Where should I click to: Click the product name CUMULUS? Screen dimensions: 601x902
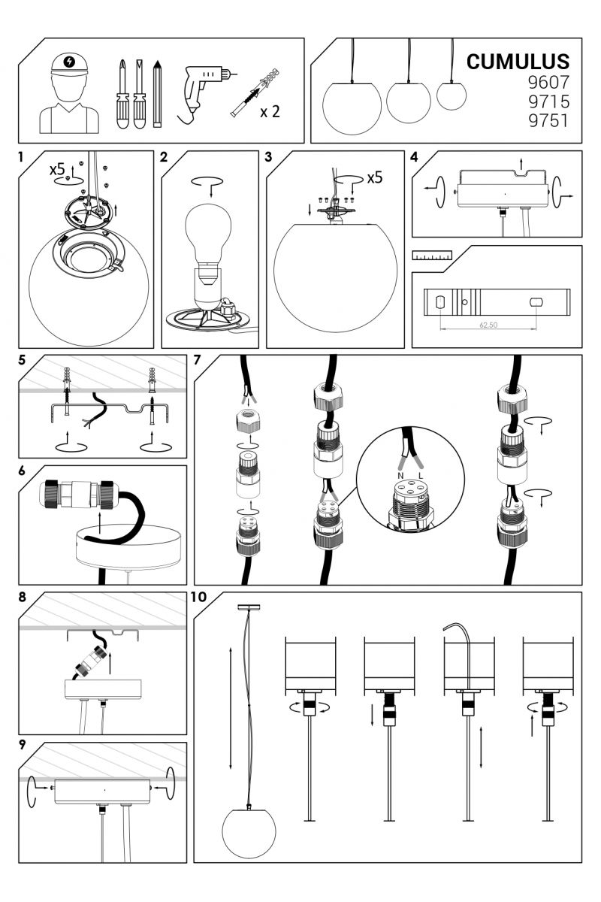tap(518, 62)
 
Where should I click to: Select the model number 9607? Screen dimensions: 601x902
tap(548, 82)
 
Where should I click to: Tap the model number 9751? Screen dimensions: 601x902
tap(548, 120)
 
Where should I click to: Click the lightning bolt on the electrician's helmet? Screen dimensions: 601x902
tap(69, 62)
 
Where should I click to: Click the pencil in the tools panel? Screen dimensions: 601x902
tap(157, 93)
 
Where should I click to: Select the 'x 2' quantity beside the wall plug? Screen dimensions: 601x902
tap(270, 111)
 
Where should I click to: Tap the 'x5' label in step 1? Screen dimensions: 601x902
tap(57, 170)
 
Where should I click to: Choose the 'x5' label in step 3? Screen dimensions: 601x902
tap(374, 177)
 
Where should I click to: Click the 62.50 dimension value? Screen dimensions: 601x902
tap(488, 325)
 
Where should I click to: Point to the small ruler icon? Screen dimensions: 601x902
tap(432, 256)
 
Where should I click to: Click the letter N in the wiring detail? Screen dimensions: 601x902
tap(400, 476)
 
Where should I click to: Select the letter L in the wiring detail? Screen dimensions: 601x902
tap(421, 476)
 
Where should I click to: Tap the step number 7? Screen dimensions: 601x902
tap(197, 359)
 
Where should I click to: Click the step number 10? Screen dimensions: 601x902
tap(198, 597)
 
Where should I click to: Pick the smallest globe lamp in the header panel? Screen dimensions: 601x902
tap(452, 95)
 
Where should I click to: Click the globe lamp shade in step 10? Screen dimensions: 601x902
tap(249, 830)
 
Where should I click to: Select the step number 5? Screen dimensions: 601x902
tap(22, 359)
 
